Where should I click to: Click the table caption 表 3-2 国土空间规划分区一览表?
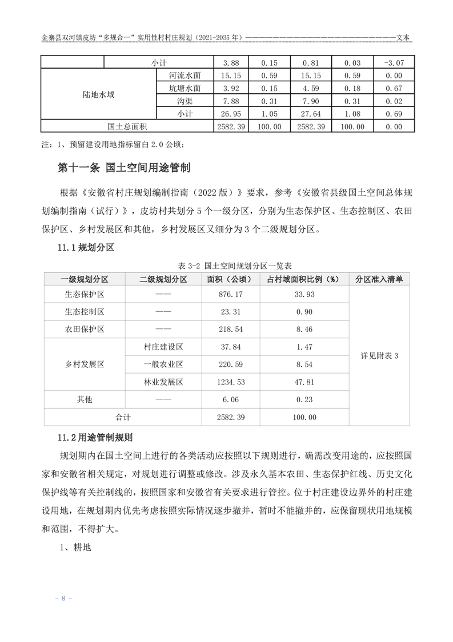[x=227, y=265]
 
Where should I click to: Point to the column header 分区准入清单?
[x=379, y=279]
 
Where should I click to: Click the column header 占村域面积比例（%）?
[x=304, y=279]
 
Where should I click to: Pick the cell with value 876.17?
[x=231, y=295]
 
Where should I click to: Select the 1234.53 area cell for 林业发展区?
[x=231, y=382]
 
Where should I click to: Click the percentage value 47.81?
[x=304, y=382]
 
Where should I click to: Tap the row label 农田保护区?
[x=85, y=330]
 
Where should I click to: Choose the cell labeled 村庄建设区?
[x=163, y=347]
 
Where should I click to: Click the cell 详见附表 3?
[x=379, y=355]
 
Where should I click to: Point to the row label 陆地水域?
[x=98, y=94]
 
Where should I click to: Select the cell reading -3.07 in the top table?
[x=394, y=62]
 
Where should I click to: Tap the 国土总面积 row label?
[x=127, y=126]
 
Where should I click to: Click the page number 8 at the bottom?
[x=63, y=599]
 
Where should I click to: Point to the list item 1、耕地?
[x=72, y=548]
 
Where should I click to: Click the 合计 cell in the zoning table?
[x=123, y=418]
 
